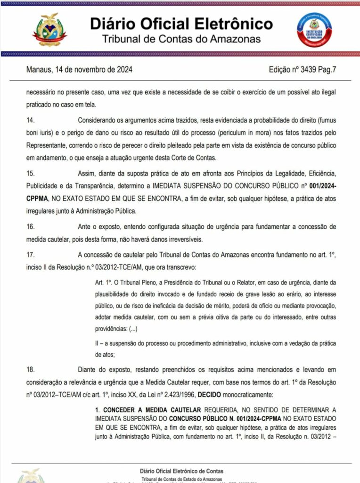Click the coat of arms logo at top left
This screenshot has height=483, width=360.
click(x=49, y=30)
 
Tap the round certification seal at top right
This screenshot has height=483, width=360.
click(x=314, y=30)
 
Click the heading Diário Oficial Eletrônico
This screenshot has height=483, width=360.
click(x=181, y=24)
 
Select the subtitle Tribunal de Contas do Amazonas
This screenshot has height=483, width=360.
click(x=181, y=39)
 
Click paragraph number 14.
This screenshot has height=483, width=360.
click(x=31, y=120)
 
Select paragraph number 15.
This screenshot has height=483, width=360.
click(x=31, y=174)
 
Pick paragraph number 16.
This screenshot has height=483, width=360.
click(x=31, y=227)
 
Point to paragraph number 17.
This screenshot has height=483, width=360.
click(x=31, y=255)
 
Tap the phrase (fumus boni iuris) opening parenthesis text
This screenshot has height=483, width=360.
click(x=325, y=120)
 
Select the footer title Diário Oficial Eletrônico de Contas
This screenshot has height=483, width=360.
click(x=181, y=471)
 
